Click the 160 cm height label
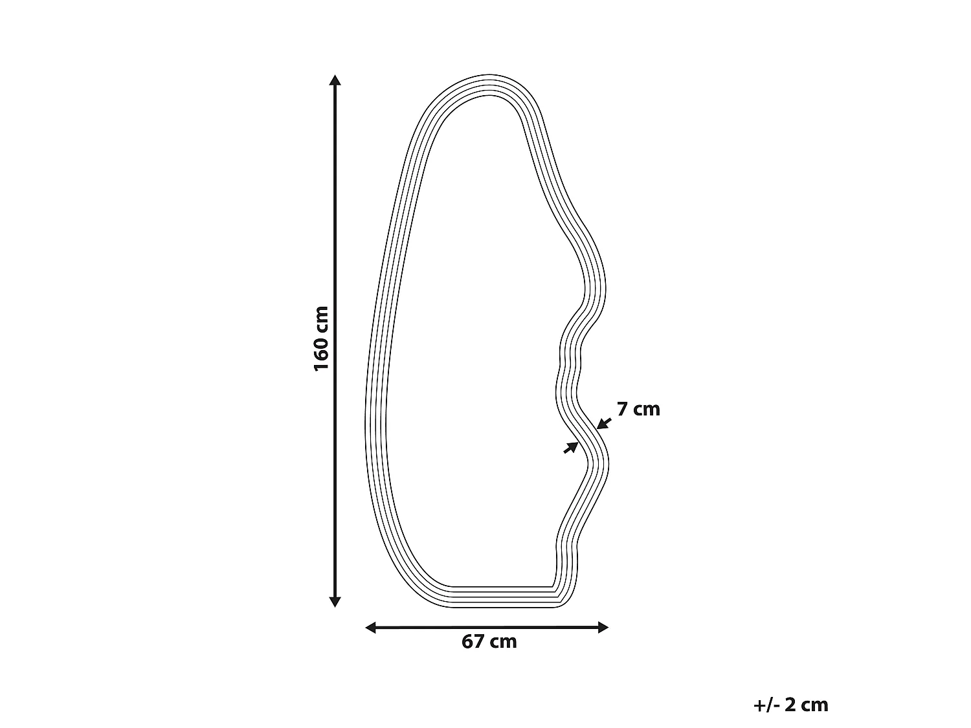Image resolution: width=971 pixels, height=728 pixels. pos(321,338)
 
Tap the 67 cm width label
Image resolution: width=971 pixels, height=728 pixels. pos(489,642)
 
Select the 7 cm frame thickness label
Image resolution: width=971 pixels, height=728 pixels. pos(638,410)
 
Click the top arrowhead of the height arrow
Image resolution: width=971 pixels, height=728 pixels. pos(335,80)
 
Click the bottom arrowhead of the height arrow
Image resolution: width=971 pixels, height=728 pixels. pos(335,602)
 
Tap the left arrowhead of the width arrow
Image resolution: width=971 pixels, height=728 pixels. pos(371,627)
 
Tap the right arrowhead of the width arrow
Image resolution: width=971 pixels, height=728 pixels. pos(603,627)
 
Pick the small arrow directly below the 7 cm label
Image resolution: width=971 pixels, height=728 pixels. pos(604,423)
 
